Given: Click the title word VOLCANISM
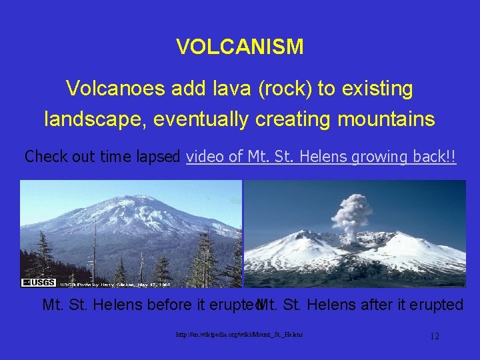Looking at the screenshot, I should point(240,47).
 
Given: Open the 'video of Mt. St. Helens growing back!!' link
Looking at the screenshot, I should point(321,157).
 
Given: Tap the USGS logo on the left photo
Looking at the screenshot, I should point(39,283).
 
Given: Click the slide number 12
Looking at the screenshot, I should point(434,336).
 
